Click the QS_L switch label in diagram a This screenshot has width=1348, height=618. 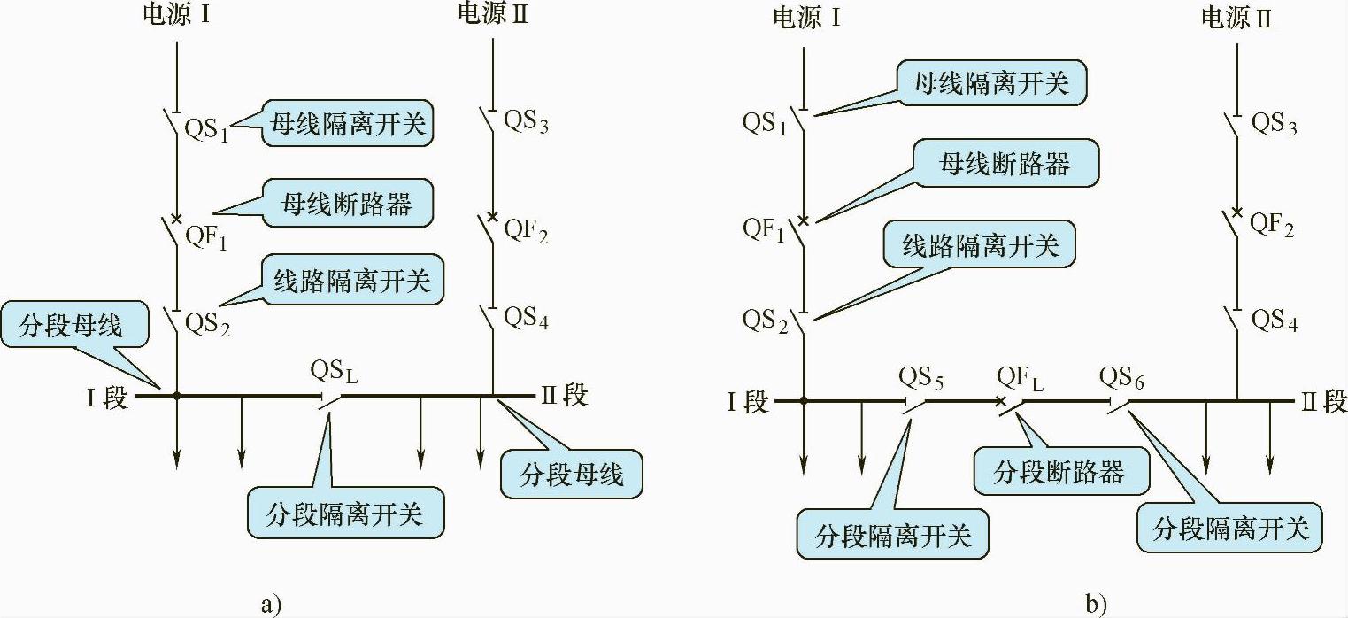tap(335, 371)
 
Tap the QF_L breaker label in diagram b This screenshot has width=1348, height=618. tap(1020, 378)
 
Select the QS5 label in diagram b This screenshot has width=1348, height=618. tap(921, 378)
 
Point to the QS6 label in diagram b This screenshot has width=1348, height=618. tap(1121, 378)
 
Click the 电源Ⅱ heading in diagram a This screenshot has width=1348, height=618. tap(492, 14)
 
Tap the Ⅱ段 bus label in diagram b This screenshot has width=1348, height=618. tap(1322, 402)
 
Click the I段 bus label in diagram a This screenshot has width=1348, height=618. tap(107, 398)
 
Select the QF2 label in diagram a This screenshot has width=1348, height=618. tap(526, 232)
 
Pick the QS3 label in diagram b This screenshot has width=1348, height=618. tap(1274, 124)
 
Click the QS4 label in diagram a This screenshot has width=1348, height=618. tap(526, 318)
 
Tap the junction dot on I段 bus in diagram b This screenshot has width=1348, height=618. tap(804, 401)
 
